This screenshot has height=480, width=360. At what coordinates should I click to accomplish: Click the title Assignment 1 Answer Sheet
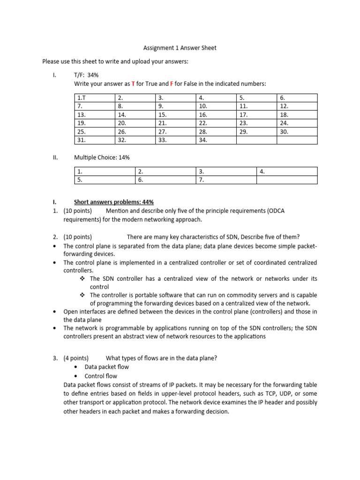pyautogui.click(x=180, y=48)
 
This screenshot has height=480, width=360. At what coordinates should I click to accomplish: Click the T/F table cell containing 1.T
pyautogui.click(x=94, y=98)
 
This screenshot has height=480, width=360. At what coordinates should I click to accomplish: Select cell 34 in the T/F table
pyautogui.click(x=216, y=140)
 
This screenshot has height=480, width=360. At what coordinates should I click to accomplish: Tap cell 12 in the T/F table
pyautogui.click(x=297, y=106)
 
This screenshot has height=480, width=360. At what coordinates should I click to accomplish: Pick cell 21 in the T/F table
pyautogui.click(x=175, y=123)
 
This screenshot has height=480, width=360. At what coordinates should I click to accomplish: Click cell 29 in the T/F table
pyautogui.click(x=256, y=132)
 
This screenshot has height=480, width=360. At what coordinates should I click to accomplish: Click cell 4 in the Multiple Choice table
pyautogui.click(x=287, y=172)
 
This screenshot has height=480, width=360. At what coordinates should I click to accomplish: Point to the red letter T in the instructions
pyautogui.click(x=133, y=84)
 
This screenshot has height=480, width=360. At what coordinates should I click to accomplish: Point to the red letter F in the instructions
pyautogui.click(x=172, y=84)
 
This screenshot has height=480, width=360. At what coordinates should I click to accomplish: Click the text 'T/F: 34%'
pyautogui.click(x=86, y=75)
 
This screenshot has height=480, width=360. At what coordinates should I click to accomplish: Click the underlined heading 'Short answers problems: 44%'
pyautogui.click(x=114, y=202)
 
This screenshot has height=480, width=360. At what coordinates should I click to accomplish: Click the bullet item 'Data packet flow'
pyautogui.click(x=106, y=367)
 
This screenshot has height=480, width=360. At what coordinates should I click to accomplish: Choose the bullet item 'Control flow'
pyautogui.click(x=101, y=376)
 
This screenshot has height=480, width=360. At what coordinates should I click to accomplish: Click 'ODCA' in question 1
pyautogui.click(x=276, y=211)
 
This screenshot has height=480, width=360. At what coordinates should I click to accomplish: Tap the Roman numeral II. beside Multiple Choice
pyautogui.click(x=55, y=158)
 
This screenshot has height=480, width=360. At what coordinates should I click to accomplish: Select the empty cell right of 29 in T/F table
pyautogui.click(x=297, y=132)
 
